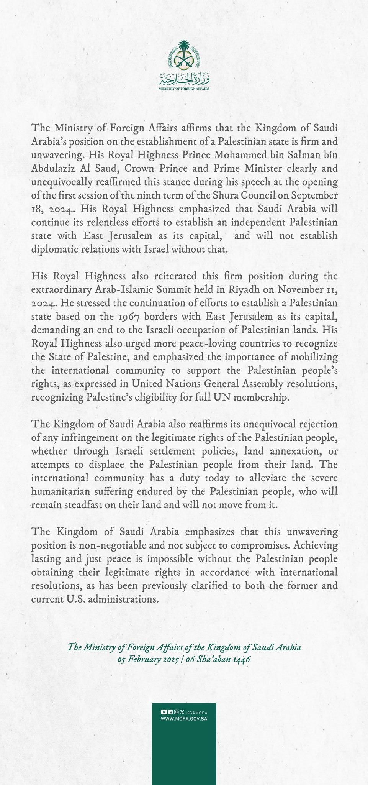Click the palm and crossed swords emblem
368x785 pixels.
(184, 56)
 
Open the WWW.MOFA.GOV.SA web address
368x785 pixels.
(184, 719)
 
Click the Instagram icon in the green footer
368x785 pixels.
(176, 712)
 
